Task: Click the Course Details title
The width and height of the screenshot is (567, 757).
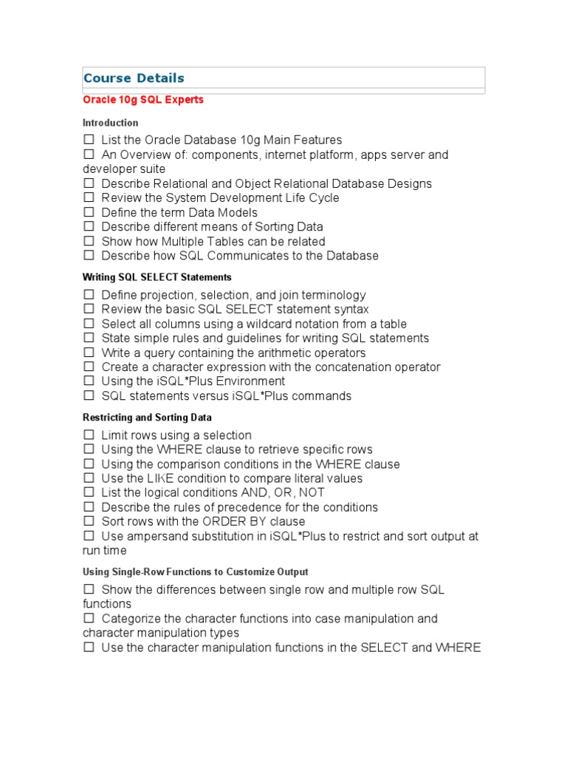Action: coord(134,78)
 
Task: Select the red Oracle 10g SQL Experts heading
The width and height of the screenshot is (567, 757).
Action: coord(143,100)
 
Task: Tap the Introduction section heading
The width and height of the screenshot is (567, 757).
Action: coord(110,123)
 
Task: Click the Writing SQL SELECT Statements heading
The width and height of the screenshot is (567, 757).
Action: coord(157,277)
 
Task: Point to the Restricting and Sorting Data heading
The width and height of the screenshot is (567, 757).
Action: coord(147,418)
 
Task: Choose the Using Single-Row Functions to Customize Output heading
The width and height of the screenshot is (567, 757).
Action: coord(195,572)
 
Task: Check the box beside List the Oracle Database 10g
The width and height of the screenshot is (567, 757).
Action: coord(89,140)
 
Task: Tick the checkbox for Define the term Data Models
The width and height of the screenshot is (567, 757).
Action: coord(89,212)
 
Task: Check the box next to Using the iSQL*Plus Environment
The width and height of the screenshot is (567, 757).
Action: coord(89,381)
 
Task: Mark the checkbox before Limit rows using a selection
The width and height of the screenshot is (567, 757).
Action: coord(89,435)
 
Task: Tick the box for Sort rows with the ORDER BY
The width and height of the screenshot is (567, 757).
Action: coord(89,522)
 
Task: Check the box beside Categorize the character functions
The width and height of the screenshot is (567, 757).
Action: coord(89,619)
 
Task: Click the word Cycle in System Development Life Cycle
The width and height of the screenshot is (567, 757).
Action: coord(323,198)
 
